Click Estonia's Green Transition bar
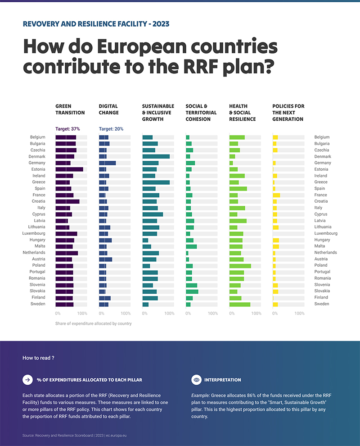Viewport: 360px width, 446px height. click(x=69, y=169)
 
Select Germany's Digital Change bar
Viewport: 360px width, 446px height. click(x=107, y=163)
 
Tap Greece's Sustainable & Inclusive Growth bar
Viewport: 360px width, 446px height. click(x=156, y=182)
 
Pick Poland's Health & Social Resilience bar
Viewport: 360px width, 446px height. click(x=240, y=265)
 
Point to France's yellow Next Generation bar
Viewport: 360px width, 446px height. click(x=276, y=195)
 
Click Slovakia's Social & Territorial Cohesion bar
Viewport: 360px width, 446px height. click(x=192, y=291)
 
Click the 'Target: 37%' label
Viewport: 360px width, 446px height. click(x=67, y=129)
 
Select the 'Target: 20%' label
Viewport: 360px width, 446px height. click(x=111, y=129)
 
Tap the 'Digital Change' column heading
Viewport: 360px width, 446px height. click(x=108, y=109)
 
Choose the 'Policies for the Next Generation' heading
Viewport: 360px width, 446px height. click(x=288, y=113)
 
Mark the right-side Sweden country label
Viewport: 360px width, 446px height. click(x=322, y=304)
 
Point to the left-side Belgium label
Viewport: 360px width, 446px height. click(x=38, y=137)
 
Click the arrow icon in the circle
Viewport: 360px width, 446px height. click(x=27, y=380)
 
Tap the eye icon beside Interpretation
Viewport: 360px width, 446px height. click(x=196, y=380)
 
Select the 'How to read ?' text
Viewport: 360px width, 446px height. click(x=38, y=358)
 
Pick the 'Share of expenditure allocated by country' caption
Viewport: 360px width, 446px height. click(x=93, y=323)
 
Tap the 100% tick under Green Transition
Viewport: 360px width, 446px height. click(x=82, y=313)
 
